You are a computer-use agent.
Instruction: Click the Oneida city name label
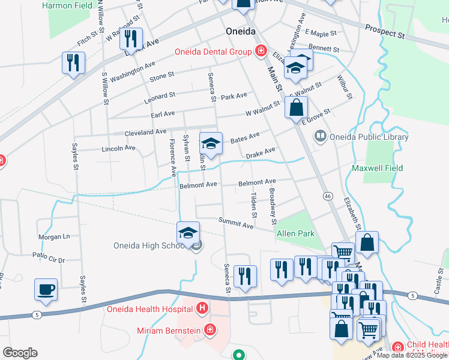coord(241,31)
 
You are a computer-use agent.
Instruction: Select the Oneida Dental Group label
coord(213,52)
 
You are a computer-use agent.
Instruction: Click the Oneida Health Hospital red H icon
coord(202,309)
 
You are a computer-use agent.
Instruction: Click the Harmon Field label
coord(68,5)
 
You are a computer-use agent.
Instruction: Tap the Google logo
coord(20,353)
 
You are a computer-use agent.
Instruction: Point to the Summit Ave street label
coord(235,224)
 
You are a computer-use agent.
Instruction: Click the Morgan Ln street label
coord(54,236)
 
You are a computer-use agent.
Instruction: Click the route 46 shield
coord(327,196)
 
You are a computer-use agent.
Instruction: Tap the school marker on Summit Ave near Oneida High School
coord(188,233)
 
